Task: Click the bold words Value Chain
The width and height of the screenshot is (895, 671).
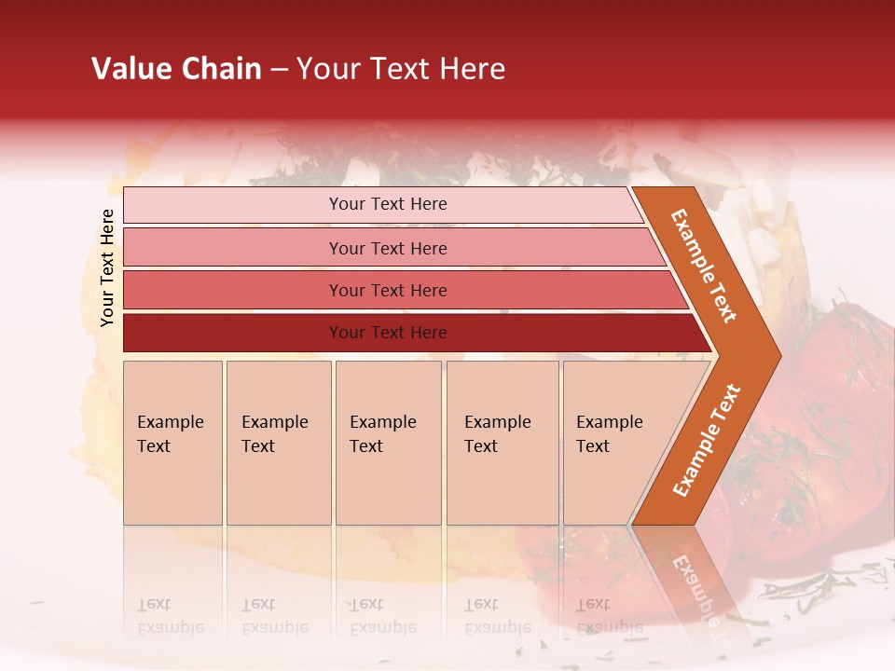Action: click(176, 69)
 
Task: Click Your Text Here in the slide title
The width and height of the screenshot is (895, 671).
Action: click(401, 69)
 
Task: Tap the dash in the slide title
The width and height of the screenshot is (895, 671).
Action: click(279, 70)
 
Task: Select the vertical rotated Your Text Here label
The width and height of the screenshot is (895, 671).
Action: click(107, 267)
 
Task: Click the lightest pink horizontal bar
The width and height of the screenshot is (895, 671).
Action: click(387, 204)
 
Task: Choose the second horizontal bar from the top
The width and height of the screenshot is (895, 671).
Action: click(387, 248)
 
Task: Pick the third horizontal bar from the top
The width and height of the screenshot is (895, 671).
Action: click(387, 290)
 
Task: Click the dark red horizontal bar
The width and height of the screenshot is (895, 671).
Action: click(387, 333)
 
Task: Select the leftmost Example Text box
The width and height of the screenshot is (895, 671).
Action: click(172, 442)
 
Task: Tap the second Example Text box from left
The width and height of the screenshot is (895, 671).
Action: click(278, 442)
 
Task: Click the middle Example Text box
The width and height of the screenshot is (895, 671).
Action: click(388, 442)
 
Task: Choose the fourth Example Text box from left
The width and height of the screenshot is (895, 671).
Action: click(502, 442)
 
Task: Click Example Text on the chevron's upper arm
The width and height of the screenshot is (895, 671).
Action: click(704, 266)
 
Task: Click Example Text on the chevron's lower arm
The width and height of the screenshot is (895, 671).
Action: click(707, 440)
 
